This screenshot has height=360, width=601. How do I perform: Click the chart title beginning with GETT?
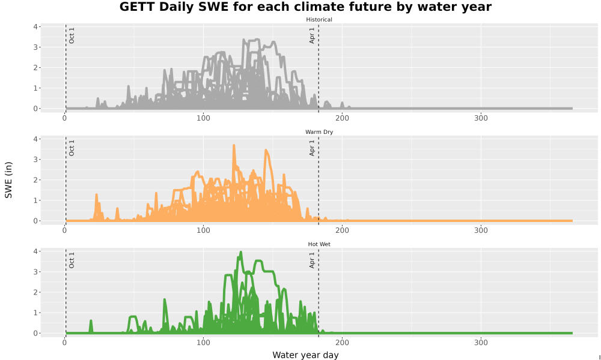pos(305,7)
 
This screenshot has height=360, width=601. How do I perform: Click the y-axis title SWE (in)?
pos(8,180)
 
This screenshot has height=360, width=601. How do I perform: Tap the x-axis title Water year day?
pos(305,355)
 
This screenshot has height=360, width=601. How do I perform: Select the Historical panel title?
pos(319,20)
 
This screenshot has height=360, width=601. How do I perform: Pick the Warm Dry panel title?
pos(319,132)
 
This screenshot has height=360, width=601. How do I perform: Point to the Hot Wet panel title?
pos(319,244)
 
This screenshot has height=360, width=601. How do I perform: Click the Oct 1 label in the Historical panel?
pos(72,35)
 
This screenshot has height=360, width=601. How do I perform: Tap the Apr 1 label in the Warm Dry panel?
pos(312,148)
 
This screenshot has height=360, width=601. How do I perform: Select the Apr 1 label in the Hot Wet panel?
pos(312,260)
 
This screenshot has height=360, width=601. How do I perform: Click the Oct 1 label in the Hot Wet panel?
pos(72,260)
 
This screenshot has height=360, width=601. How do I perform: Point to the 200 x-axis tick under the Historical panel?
pos(342,118)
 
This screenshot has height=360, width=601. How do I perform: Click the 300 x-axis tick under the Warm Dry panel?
pos(481,230)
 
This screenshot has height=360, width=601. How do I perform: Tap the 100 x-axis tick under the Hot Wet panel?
pos(203,343)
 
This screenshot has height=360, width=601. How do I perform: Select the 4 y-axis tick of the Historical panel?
pos(35,27)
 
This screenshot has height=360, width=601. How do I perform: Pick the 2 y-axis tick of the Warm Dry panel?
pos(35,180)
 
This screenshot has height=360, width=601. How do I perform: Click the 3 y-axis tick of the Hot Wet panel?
pos(35,272)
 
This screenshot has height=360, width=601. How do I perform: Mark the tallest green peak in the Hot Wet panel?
pos(241,252)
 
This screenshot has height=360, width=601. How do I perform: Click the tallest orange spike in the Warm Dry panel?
pos(234,145)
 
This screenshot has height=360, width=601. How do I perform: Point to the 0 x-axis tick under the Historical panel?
pos(64,118)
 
